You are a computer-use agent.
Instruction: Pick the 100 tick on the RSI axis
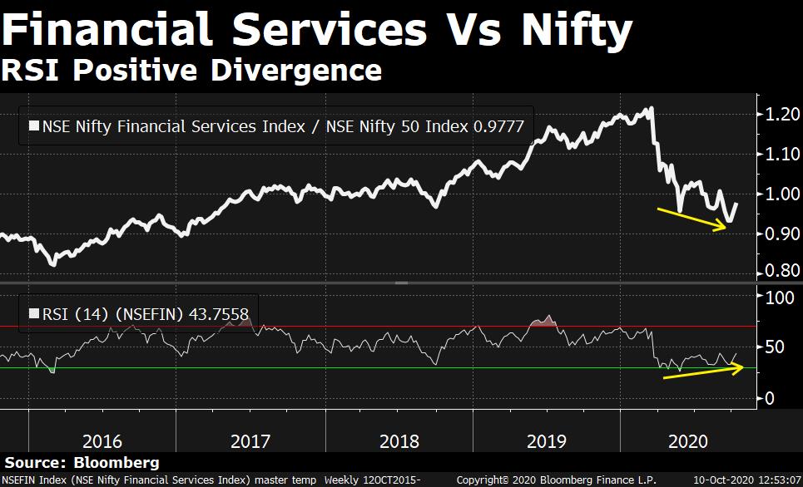[x=778, y=298]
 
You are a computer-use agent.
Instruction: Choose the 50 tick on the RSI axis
[x=774, y=347]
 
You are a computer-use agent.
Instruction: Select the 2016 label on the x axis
[x=103, y=440]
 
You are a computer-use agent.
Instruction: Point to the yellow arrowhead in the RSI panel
[x=737, y=368]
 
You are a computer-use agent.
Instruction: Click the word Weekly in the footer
[x=343, y=480]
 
